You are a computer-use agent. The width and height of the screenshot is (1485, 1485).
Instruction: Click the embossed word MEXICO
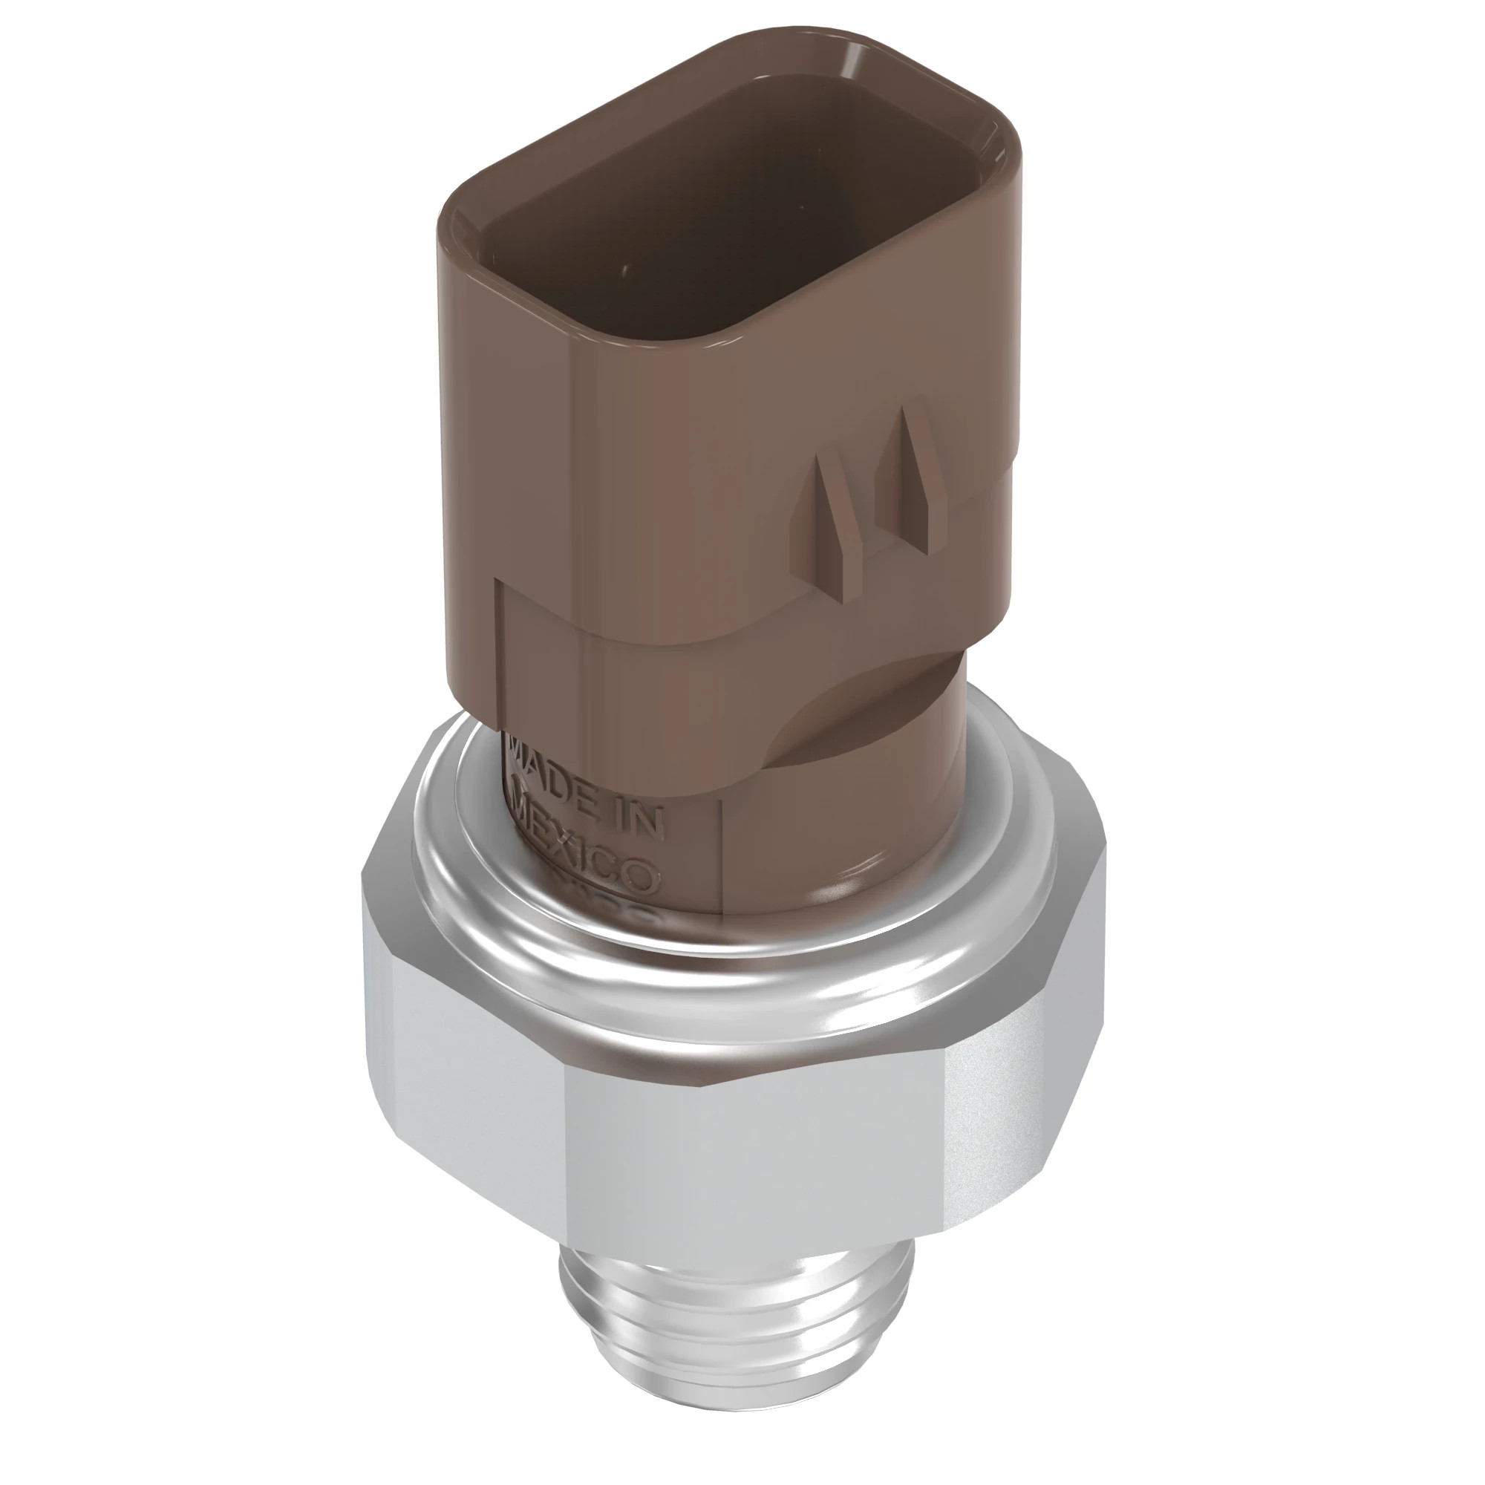[587, 849]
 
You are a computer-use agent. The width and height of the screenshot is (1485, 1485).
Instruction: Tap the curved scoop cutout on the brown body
[861, 715]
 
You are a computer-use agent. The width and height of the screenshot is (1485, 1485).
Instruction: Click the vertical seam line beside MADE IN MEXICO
[721, 853]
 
